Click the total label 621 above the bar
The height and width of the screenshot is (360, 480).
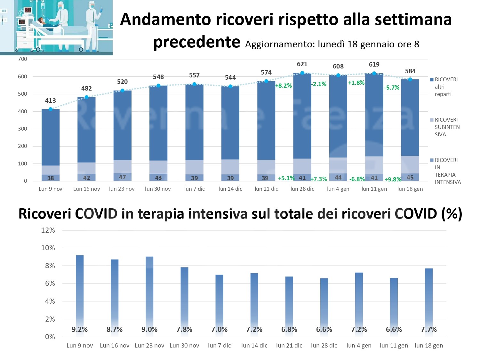point(302,64)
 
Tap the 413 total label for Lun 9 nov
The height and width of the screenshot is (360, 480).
point(51,100)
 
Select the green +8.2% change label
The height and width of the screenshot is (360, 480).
point(284,85)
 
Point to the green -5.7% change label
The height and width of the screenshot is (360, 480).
point(392,87)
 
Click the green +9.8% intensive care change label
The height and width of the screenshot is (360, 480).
point(393,179)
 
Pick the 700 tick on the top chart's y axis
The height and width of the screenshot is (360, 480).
point(23,59)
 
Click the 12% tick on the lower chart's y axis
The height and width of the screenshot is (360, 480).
point(48,230)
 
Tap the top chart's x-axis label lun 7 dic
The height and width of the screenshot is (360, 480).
point(194,189)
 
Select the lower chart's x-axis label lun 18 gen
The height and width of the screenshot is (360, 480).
point(429,345)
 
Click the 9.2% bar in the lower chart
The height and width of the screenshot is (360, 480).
point(80,288)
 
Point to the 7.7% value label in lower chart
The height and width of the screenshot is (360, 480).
point(429,329)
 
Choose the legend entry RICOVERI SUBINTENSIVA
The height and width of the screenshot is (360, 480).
point(447,127)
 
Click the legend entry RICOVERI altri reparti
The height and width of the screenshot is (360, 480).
point(446,87)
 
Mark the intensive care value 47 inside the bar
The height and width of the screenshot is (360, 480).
point(122,177)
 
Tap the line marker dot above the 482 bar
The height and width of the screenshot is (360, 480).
point(86,97)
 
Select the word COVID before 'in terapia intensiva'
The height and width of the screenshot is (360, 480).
point(96,214)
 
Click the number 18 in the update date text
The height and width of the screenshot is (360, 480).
point(352,44)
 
